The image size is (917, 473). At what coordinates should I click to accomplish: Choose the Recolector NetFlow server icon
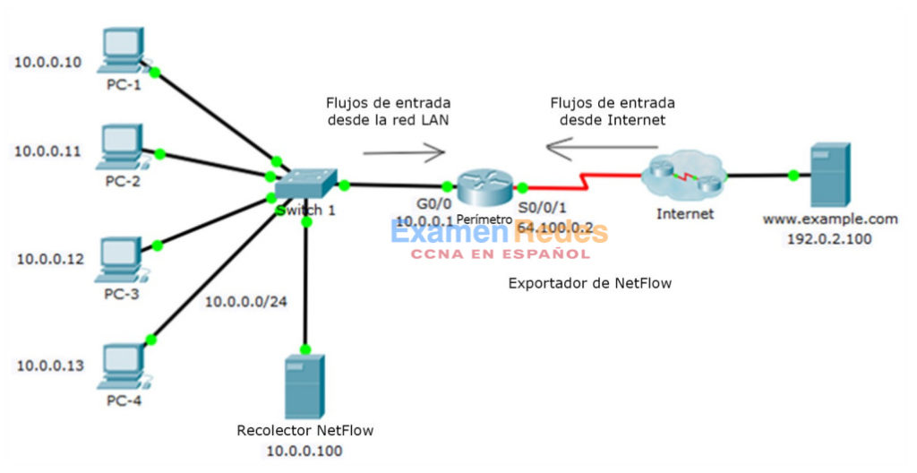point(304,385)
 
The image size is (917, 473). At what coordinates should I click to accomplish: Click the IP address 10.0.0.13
point(50,365)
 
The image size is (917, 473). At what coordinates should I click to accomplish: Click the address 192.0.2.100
point(829,240)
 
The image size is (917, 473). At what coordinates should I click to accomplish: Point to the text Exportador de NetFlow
point(589,283)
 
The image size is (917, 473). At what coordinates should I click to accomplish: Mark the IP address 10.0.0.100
point(304,451)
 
